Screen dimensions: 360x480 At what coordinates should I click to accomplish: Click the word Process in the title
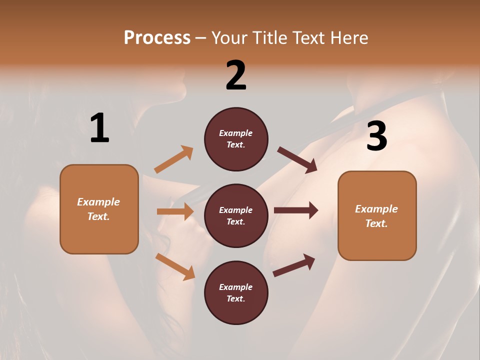(157, 37)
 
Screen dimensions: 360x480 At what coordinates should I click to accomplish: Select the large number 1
(99, 128)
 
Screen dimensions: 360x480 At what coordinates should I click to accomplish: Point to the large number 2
(236, 75)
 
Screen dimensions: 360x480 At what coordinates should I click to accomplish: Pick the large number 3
(376, 136)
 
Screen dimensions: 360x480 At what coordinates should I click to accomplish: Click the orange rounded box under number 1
(99, 209)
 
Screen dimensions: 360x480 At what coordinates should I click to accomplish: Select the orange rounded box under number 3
(377, 215)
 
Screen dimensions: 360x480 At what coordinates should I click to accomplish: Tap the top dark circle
(236, 139)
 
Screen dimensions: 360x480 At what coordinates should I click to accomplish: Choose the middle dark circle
(236, 215)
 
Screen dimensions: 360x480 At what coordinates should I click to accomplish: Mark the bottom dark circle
(236, 292)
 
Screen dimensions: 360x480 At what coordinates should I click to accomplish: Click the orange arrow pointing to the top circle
(173, 159)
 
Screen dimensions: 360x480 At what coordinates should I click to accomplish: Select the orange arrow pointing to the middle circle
(175, 211)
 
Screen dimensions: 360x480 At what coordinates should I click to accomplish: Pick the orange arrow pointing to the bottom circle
(175, 266)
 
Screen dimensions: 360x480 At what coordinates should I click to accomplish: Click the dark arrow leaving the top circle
(297, 160)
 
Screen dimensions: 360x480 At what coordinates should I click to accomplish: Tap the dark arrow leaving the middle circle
(296, 210)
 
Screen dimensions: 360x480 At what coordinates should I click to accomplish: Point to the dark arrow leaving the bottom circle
(294, 265)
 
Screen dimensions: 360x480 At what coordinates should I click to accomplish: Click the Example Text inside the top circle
(236, 139)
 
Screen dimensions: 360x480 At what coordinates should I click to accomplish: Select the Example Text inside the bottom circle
(236, 292)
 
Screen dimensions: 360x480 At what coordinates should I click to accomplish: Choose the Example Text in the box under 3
(376, 216)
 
